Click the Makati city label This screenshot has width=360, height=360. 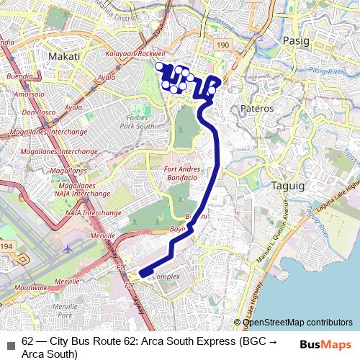tap(63, 55)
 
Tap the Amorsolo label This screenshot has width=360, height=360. tap(29, 94)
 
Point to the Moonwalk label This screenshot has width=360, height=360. tap(30, 287)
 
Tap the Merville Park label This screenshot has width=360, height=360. tap(65, 310)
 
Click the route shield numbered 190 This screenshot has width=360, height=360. tap(222, 45)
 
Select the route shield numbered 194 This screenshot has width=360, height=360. tap(7, 246)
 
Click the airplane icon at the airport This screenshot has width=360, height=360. tap(68, 248)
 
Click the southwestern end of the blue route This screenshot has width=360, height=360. tap(142, 273)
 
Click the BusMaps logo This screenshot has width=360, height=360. tap(325, 344)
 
